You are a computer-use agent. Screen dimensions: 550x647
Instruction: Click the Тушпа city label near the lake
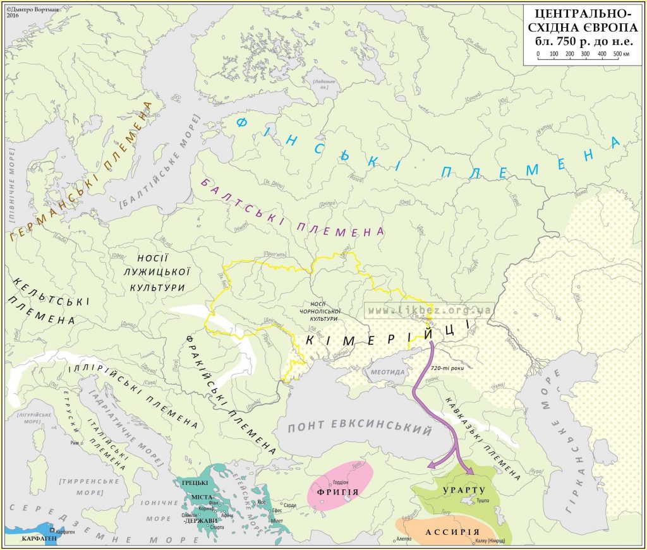click(483, 500)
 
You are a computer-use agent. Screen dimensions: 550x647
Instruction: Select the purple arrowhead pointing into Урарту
click(468, 470)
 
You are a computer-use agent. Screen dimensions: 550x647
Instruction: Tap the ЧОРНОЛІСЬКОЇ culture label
click(323, 311)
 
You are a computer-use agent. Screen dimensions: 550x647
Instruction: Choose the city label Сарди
click(289, 506)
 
